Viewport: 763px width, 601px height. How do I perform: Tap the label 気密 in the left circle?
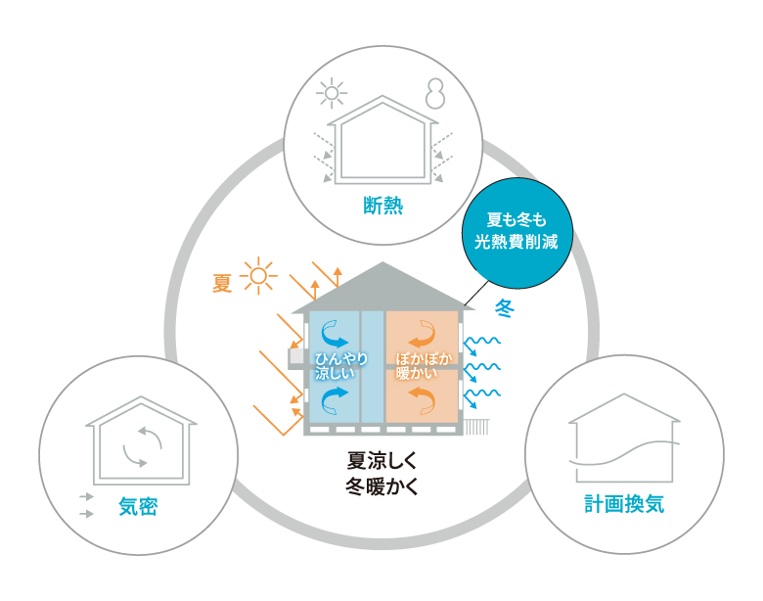138,506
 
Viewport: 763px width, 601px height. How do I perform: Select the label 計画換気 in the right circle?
624,504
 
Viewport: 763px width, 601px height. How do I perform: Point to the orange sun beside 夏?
258,276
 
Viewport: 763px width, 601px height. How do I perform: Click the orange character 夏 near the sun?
223,283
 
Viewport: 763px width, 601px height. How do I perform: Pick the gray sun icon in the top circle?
333,94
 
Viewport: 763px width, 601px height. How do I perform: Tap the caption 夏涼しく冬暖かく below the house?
381,474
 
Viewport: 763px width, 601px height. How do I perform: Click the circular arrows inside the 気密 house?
142,446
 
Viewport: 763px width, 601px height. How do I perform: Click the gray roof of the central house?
382,288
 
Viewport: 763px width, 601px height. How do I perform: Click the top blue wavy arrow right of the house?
481,342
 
